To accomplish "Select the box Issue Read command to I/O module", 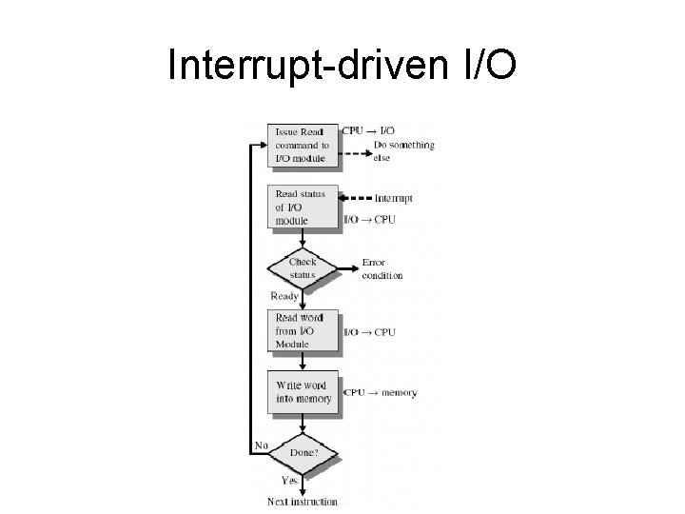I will pyautogui.click(x=303, y=145).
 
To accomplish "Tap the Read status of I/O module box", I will pyautogui.click(x=303, y=208).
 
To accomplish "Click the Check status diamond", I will pyautogui.click(x=303, y=268).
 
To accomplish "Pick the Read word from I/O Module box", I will pyautogui.click(x=303, y=330).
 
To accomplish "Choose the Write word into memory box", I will pyautogui.click(x=303, y=392).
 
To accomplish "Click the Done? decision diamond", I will pyautogui.click(x=303, y=453).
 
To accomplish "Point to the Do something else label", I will pyautogui.click(x=403, y=151).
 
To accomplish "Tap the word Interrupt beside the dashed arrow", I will pyautogui.click(x=394, y=199).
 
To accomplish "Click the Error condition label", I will pyautogui.click(x=382, y=268).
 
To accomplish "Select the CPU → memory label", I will pyautogui.click(x=380, y=392).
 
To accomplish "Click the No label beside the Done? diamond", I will pyautogui.click(x=261, y=445).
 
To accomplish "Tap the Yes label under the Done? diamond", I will pyautogui.click(x=289, y=482).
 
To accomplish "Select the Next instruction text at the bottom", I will pyautogui.click(x=303, y=501).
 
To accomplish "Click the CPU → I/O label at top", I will pyautogui.click(x=370, y=130).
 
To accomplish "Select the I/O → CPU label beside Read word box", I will pyautogui.click(x=370, y=332).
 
